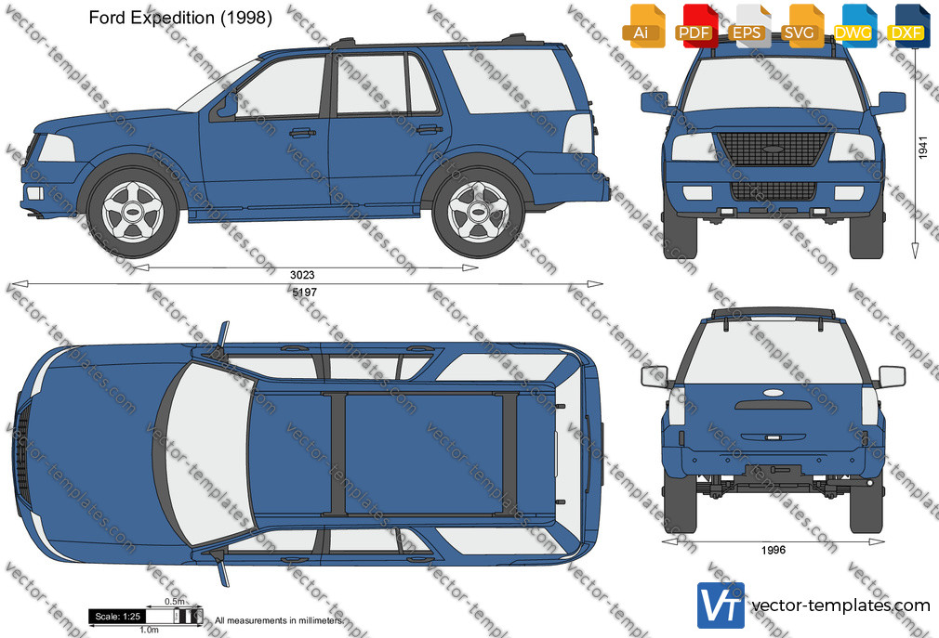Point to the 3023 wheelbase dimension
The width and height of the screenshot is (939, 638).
point(302,275)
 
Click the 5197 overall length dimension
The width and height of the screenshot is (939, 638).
point(304,293)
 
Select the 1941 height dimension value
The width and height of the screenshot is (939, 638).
point(922,148)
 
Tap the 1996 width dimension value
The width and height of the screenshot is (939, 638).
point(774,550)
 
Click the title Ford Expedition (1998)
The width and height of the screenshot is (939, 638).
point(180,18)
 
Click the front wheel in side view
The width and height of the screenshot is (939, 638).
point(133,212)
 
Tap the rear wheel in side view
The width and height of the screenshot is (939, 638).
point(479,212)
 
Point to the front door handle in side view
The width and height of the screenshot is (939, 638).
point(302,132)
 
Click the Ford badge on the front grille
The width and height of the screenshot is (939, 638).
point(774,149)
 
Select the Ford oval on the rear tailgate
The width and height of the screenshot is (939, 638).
point(774,394)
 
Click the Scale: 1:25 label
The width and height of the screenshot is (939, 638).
point(117,617)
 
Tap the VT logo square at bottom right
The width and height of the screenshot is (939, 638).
point(721,605)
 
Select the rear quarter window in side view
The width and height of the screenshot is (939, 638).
point(509,82)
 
